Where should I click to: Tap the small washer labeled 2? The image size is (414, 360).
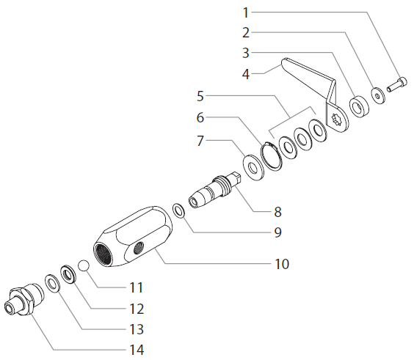click(x=377, y=95)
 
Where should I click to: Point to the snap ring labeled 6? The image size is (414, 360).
click(x=272, y=153)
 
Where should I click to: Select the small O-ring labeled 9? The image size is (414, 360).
click(x=178, y=210)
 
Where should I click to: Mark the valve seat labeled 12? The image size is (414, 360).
click(x=68, y=274)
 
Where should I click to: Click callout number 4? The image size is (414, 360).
click(x=247, y=73)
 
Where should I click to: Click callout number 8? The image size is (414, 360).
click(x=277, y=212)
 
